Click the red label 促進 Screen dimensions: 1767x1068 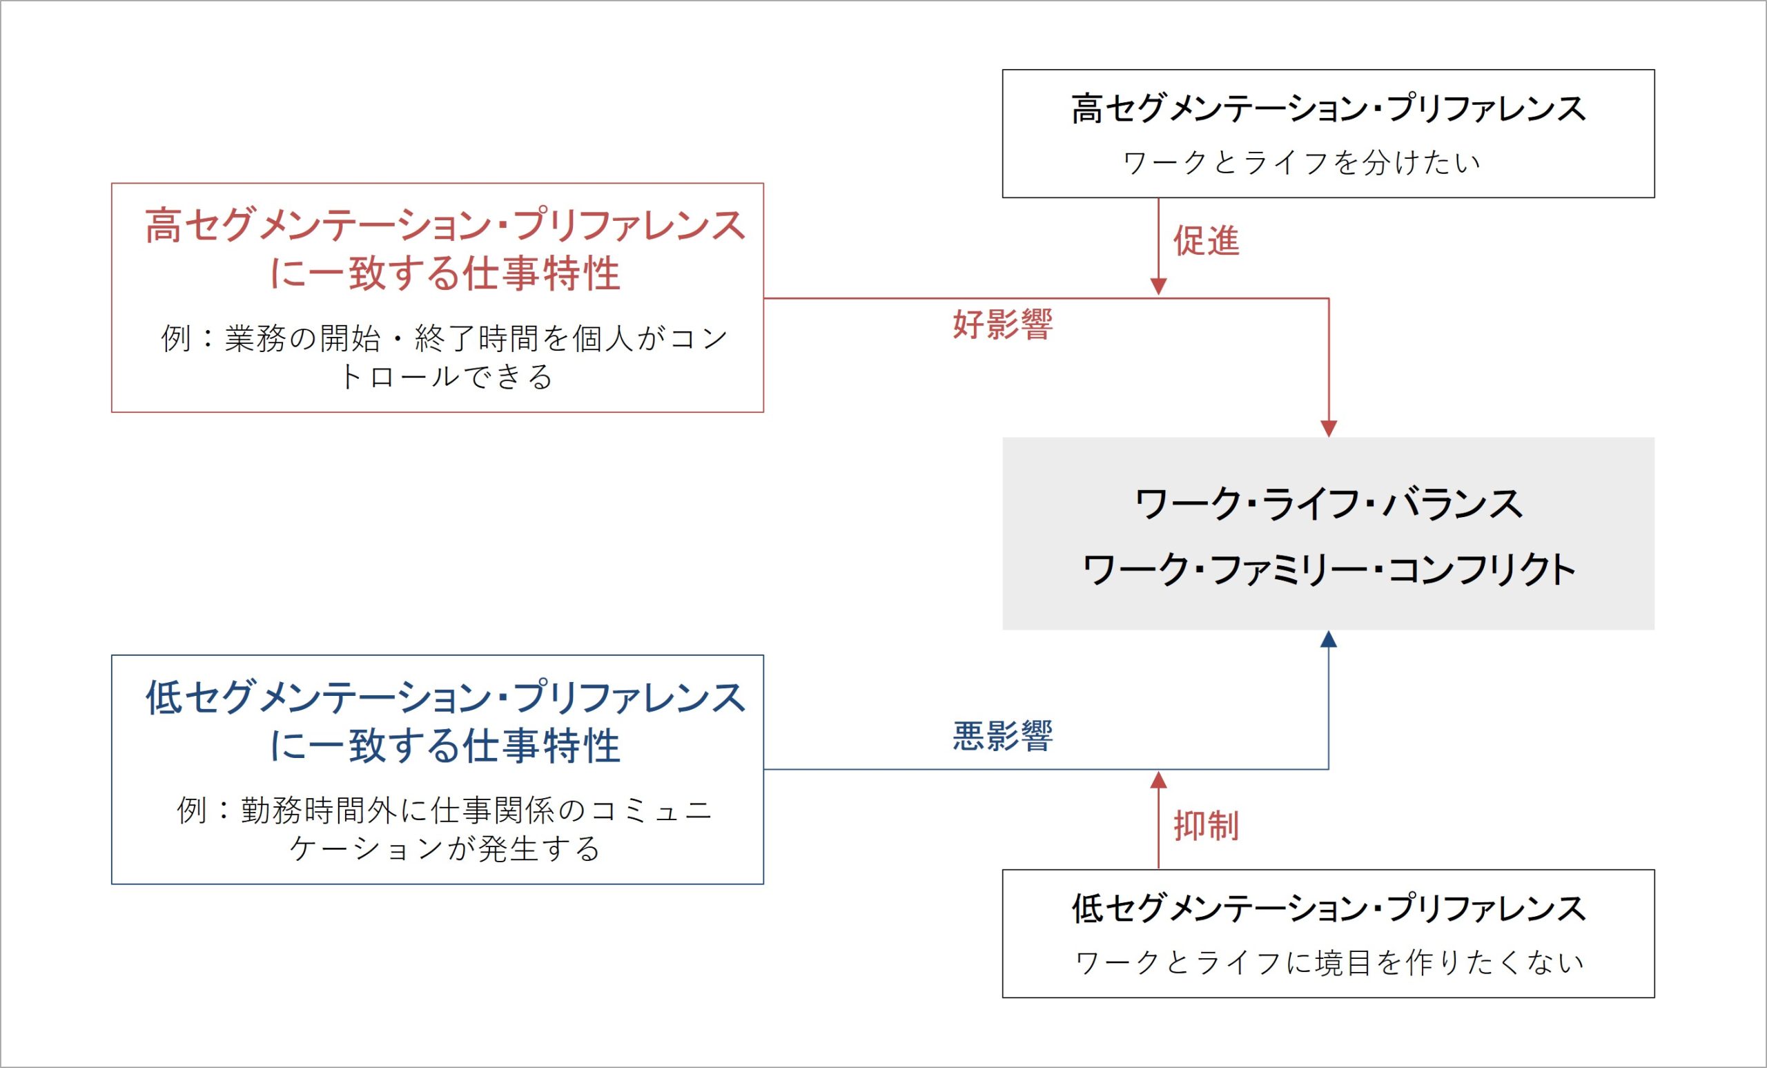[x=1207, y=241]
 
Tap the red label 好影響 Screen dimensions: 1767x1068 [x=1002, y=324]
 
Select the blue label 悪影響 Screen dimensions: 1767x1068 [x=1002, y=736]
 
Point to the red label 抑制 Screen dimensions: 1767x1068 [x=1207, y=826]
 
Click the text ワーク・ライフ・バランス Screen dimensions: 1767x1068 [x=1329, y=503]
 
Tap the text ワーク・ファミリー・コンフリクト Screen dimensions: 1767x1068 [x=1329, y=570]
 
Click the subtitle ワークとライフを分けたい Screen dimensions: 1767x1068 [x=1302, y=163]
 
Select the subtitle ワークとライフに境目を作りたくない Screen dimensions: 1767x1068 [x=1329, y=962]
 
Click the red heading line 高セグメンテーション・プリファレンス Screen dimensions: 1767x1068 [x=445, y=225]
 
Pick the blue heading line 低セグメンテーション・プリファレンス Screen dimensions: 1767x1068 [x=445, y=697]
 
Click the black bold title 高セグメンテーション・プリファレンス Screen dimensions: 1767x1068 [x=1329, y=109]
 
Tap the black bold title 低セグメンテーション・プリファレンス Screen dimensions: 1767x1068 [x=1329, y=909]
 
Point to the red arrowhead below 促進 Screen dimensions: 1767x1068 [x=1159, y=287]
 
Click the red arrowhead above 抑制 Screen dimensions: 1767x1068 [x=1159, y=780]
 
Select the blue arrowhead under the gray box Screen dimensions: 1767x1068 [x=1329, y=639]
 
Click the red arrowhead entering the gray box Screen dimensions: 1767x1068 [x=1329, y=428]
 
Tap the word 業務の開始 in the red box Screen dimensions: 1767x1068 [x=302, y=338]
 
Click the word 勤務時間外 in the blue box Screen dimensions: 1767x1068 [x=318, y=810]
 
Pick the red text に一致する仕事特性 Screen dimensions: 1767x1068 [x=445, y=274]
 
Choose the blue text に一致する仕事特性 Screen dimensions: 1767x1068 [x=445, y=746]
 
